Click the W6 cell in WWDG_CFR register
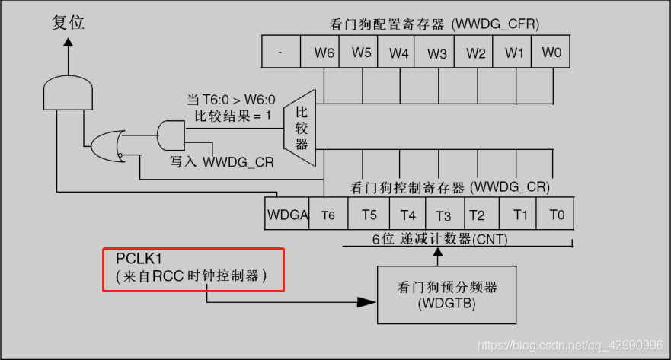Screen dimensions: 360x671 point(324,53)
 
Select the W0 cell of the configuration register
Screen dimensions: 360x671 point(552,53)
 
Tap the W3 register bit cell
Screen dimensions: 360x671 point(437,53)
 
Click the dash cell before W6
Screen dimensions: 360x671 point(281,53)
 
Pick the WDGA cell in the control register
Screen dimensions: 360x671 point(287,215)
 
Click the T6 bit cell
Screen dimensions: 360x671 point(328,215)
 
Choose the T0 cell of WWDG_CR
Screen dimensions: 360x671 point(556,215)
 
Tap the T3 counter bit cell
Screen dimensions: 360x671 point(443,215)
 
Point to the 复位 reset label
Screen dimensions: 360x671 point(69,23)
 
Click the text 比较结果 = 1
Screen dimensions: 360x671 point(230,115)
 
